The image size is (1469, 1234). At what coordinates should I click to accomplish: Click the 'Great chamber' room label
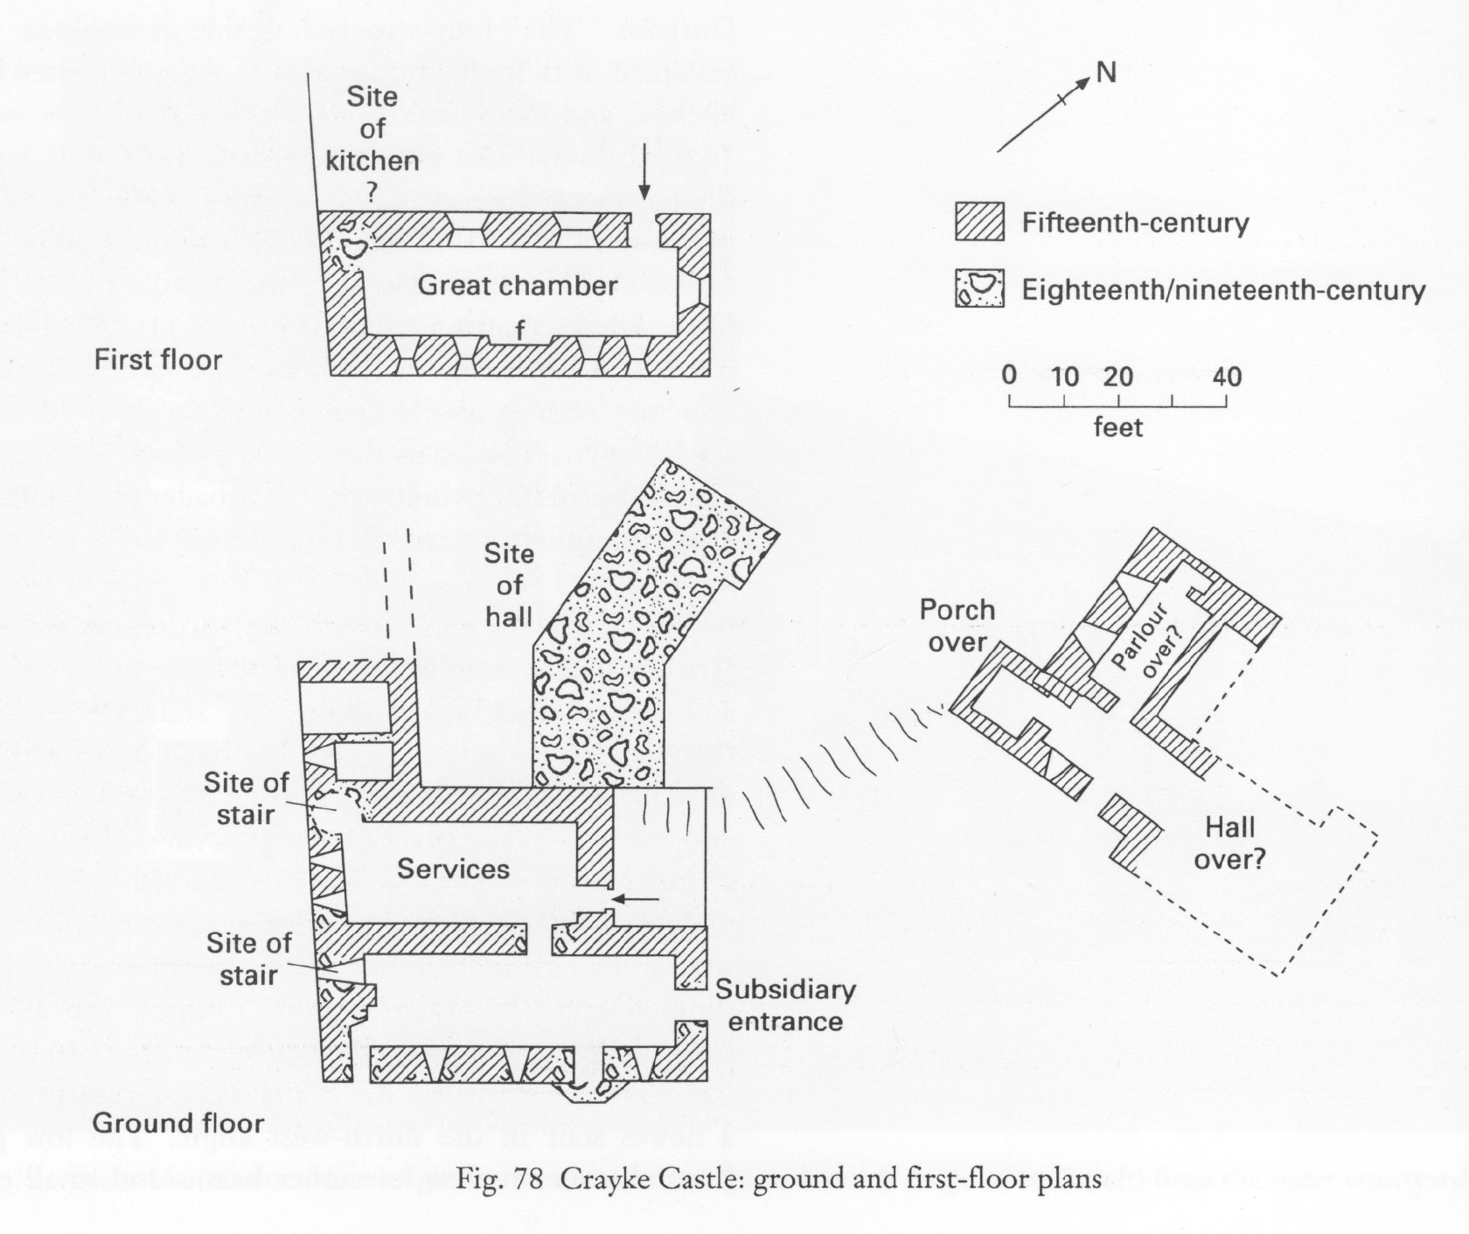click(x=517, y=286)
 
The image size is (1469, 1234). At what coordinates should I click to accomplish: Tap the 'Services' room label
click(x=452, y=869)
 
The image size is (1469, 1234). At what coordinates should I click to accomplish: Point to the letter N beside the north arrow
click(x=1106, y=73)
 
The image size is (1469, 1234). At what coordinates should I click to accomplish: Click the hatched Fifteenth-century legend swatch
click(x=978, y=222)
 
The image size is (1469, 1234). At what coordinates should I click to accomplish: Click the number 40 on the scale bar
click(x=1227, y=377)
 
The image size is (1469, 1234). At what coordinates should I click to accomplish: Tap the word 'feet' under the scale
click(x=1117, y=427)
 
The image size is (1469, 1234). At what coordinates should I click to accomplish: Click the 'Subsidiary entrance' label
click(x=784, y=1006)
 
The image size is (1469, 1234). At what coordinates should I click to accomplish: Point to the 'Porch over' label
click(x=957, y=626)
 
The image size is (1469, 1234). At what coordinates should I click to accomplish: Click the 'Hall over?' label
click(x=1229, y=843)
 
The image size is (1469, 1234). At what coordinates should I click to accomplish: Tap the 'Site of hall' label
click(x=509, y=585)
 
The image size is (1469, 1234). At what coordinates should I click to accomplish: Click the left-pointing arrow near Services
click(x=630, y=898)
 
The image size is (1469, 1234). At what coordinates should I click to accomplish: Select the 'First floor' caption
click(x=158, y=360)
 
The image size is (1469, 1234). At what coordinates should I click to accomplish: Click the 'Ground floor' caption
click(x=178, y=1123)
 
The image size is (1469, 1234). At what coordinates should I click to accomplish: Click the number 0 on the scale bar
click(x=1009, y=376)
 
